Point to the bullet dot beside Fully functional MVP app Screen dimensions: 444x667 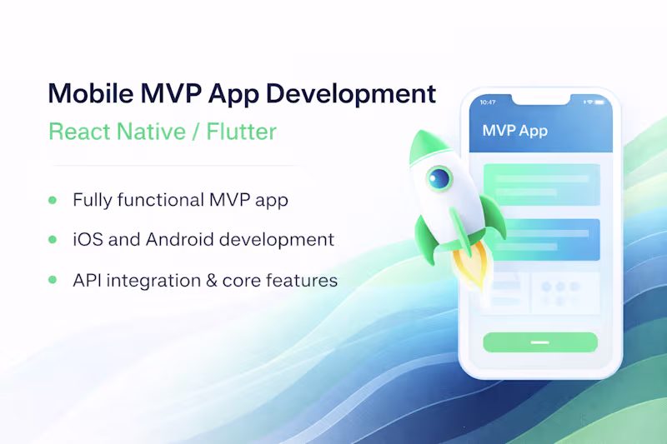[53, 200]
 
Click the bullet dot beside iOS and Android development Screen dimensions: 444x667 [53, 240]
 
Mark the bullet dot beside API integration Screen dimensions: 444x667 [53, 280]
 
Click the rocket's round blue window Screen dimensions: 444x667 [439, 177]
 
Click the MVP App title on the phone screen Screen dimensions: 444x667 [514, 132]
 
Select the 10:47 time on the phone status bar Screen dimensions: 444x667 [488, 102]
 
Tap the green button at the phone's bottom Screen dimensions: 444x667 [540, 342]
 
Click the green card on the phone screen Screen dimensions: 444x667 [540, 184]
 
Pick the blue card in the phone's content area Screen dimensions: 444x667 [540, 239]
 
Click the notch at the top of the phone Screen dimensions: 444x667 [540, 99]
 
